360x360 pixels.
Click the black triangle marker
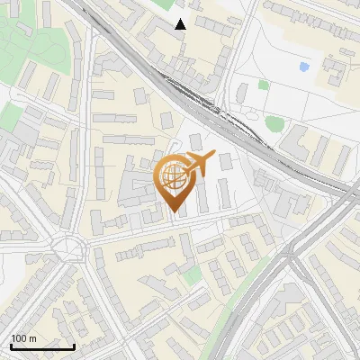click(x=180, y=24)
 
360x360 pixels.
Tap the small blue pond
click(x=304, y=67)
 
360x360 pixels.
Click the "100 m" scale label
click(x=23, y=338)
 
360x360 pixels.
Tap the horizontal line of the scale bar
click(x=42, y=346)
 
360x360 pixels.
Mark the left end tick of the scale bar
click(x=12, y=345)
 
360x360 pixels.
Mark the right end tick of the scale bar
click(x=74, y=345)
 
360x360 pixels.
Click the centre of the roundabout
click(x=67, y=245)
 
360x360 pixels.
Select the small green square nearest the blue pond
click(x=264, y=85)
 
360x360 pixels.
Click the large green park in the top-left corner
click(x=36, y=36)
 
